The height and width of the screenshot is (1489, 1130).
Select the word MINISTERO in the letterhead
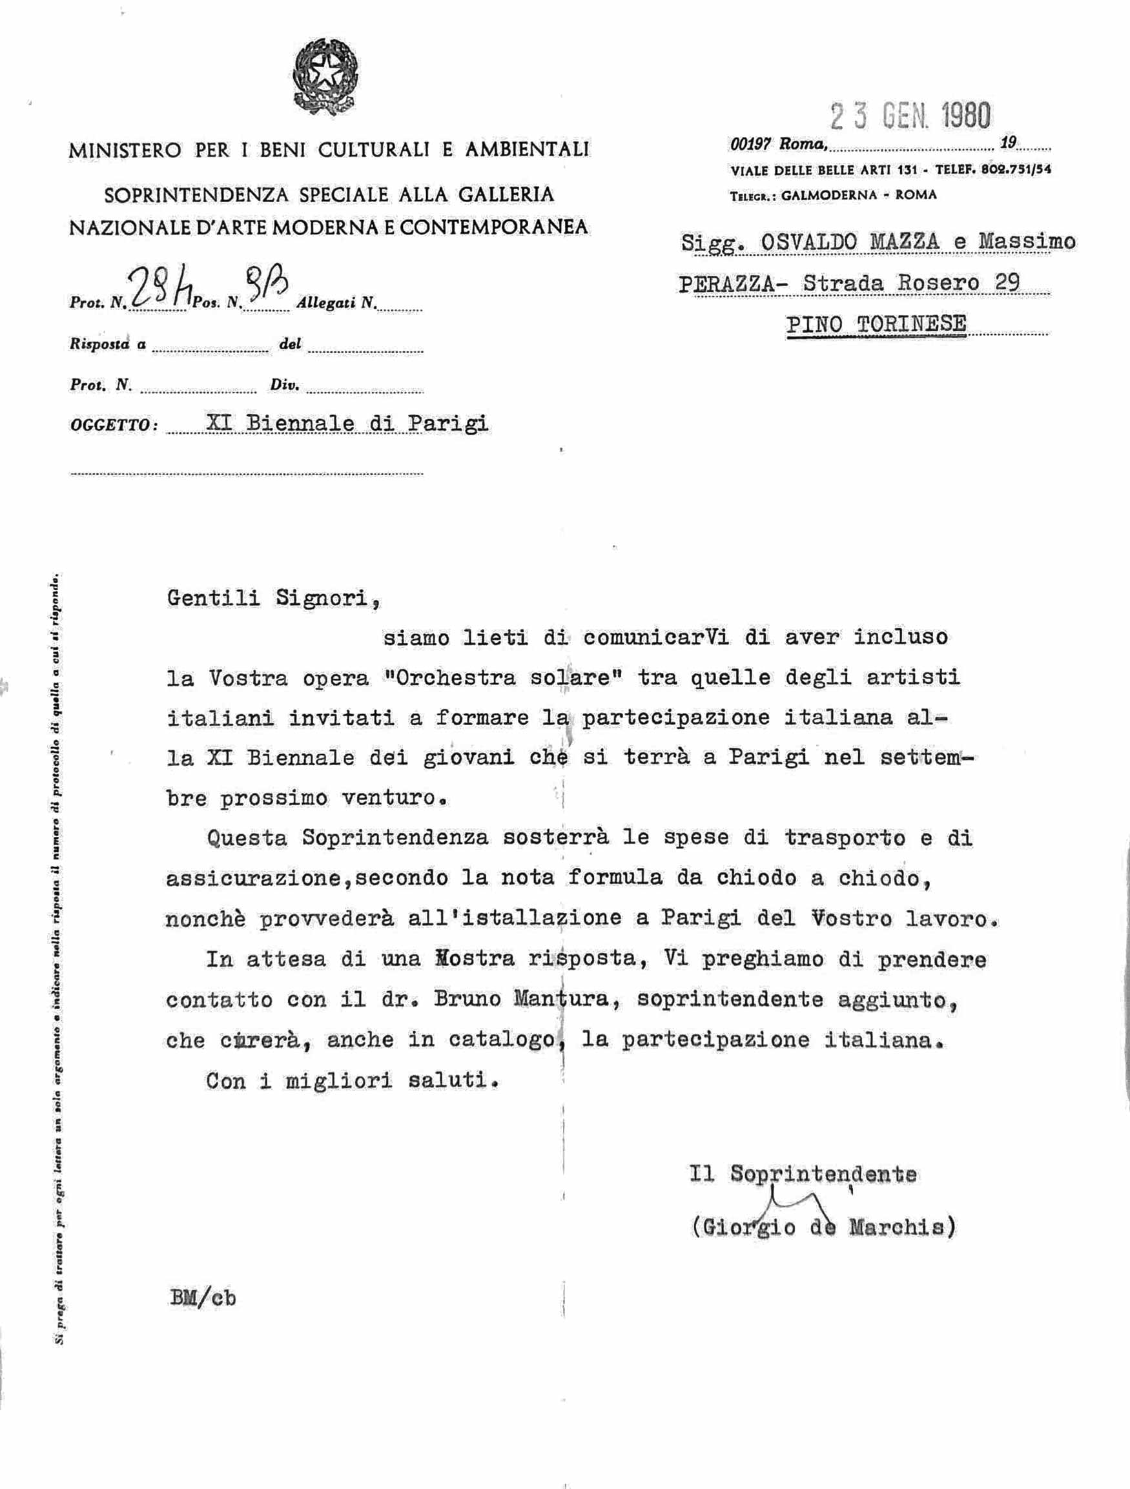[125, 149]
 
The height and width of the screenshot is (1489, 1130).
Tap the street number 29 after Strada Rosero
[1007, 282]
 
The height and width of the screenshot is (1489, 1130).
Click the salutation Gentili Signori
[272, 597]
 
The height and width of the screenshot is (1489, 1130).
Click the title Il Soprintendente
[802, 1175]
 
